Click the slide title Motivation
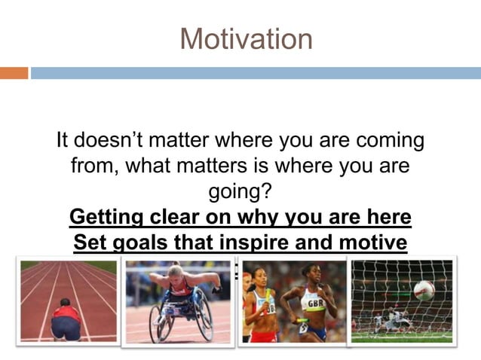tap(246, 38)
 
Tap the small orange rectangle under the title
tap(14, 73)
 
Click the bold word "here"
tap(386, 218)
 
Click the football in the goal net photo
tap(424, 290)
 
